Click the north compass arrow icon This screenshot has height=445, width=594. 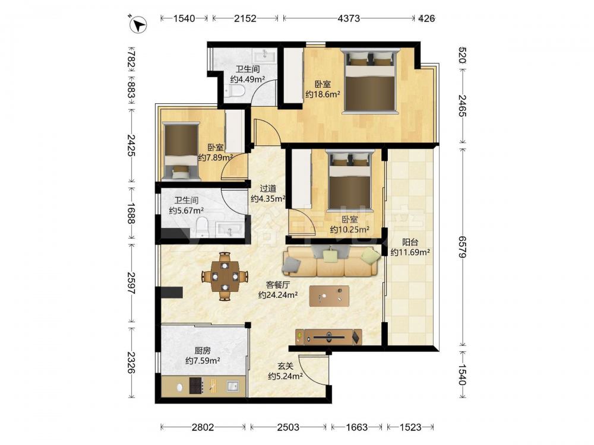click(138, 25)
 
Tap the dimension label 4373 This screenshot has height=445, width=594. click(349, 18)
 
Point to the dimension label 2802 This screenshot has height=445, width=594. click(203, 427)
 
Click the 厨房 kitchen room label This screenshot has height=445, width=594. click(203, 351)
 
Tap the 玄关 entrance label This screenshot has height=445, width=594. click(285, 366)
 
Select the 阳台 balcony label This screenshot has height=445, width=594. click(410, 242)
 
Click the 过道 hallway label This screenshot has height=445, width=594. click(268, 188)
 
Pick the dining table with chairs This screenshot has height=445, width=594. click(225, 276)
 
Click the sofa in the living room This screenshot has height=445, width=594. click(331, 261)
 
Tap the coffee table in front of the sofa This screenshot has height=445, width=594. click(329, 295)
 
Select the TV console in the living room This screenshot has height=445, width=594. click(329, 337)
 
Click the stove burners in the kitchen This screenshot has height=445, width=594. click(196, 386)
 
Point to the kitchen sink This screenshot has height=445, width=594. click(233, 386)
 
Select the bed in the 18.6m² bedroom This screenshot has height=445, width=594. click(370, 81)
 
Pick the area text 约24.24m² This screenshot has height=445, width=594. click(277, 295)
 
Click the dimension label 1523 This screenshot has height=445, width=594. click(410, 427)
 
